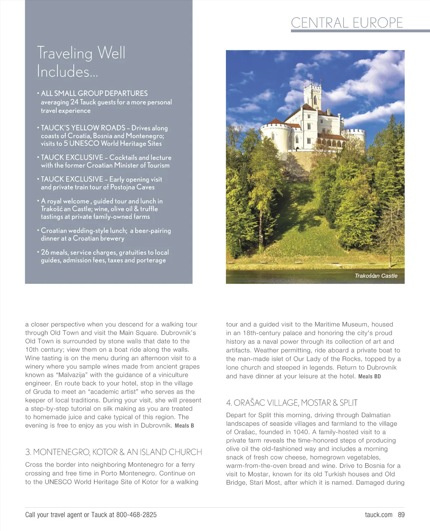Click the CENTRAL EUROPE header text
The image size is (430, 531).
(347, 23)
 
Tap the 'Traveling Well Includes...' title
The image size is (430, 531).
(81, 62)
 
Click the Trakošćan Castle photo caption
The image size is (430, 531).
(376, 276)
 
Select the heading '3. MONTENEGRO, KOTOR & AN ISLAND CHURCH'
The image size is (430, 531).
(113, 452)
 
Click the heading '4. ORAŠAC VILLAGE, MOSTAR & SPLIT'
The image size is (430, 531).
(292, 403)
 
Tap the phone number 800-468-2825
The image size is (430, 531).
(136, 515)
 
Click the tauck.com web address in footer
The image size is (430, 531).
(378, 515)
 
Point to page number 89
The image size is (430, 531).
(401, 515)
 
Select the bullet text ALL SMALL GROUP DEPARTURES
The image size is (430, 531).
(94, 93)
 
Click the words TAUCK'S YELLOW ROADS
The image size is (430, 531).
(83, 128)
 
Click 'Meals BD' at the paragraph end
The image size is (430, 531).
(369, 376)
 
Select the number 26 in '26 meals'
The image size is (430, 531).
(45, 252)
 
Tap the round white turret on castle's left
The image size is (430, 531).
(275, 136)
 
